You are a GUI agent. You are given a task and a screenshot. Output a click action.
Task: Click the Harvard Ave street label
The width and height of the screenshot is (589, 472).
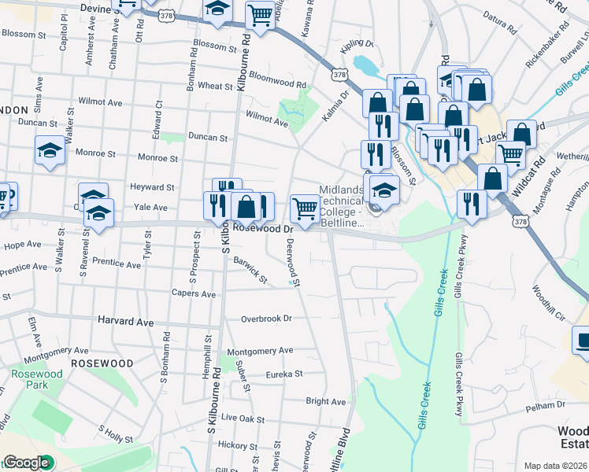coord(126,322)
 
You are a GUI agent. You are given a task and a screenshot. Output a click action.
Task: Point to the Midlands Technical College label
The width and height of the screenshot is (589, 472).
coord(342,207)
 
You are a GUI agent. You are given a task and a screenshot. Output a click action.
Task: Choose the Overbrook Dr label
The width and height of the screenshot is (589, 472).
coord(266,319)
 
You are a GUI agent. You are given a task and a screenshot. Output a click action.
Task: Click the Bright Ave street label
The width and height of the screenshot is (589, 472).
coord(325,401)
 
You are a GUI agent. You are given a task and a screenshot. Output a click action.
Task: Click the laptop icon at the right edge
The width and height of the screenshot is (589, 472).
coord(583,340)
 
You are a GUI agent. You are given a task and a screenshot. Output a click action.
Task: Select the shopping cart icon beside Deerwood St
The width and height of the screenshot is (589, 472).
coord(304,208)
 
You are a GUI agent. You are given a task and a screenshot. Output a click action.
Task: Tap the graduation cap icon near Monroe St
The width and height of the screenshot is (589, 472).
coord(50,149)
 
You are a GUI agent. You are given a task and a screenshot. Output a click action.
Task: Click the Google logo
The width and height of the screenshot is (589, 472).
coord(27,463)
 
